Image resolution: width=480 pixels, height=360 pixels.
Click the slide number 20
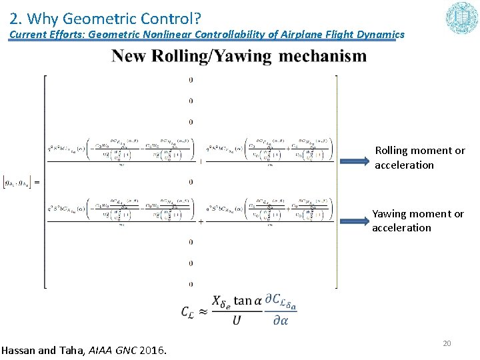pyautogui.click(x=447, y=343)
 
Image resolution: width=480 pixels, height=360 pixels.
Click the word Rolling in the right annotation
pyautogui.click(x=393, y=151)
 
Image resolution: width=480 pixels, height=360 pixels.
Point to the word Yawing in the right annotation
pyautogui.click(x=391, y=214)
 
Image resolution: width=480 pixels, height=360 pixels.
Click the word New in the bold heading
pyautogui.click(x=129, y=55)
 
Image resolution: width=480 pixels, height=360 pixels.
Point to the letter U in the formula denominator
pyautogui.click(x=237, y=321)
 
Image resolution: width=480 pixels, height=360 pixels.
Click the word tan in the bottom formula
pyautogui.click(x=243, y=301)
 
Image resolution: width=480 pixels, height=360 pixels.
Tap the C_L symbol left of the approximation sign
pyautogui.click(x=188, y=311)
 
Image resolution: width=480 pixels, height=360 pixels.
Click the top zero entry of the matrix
pyautogui.click(x=191, y=80)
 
